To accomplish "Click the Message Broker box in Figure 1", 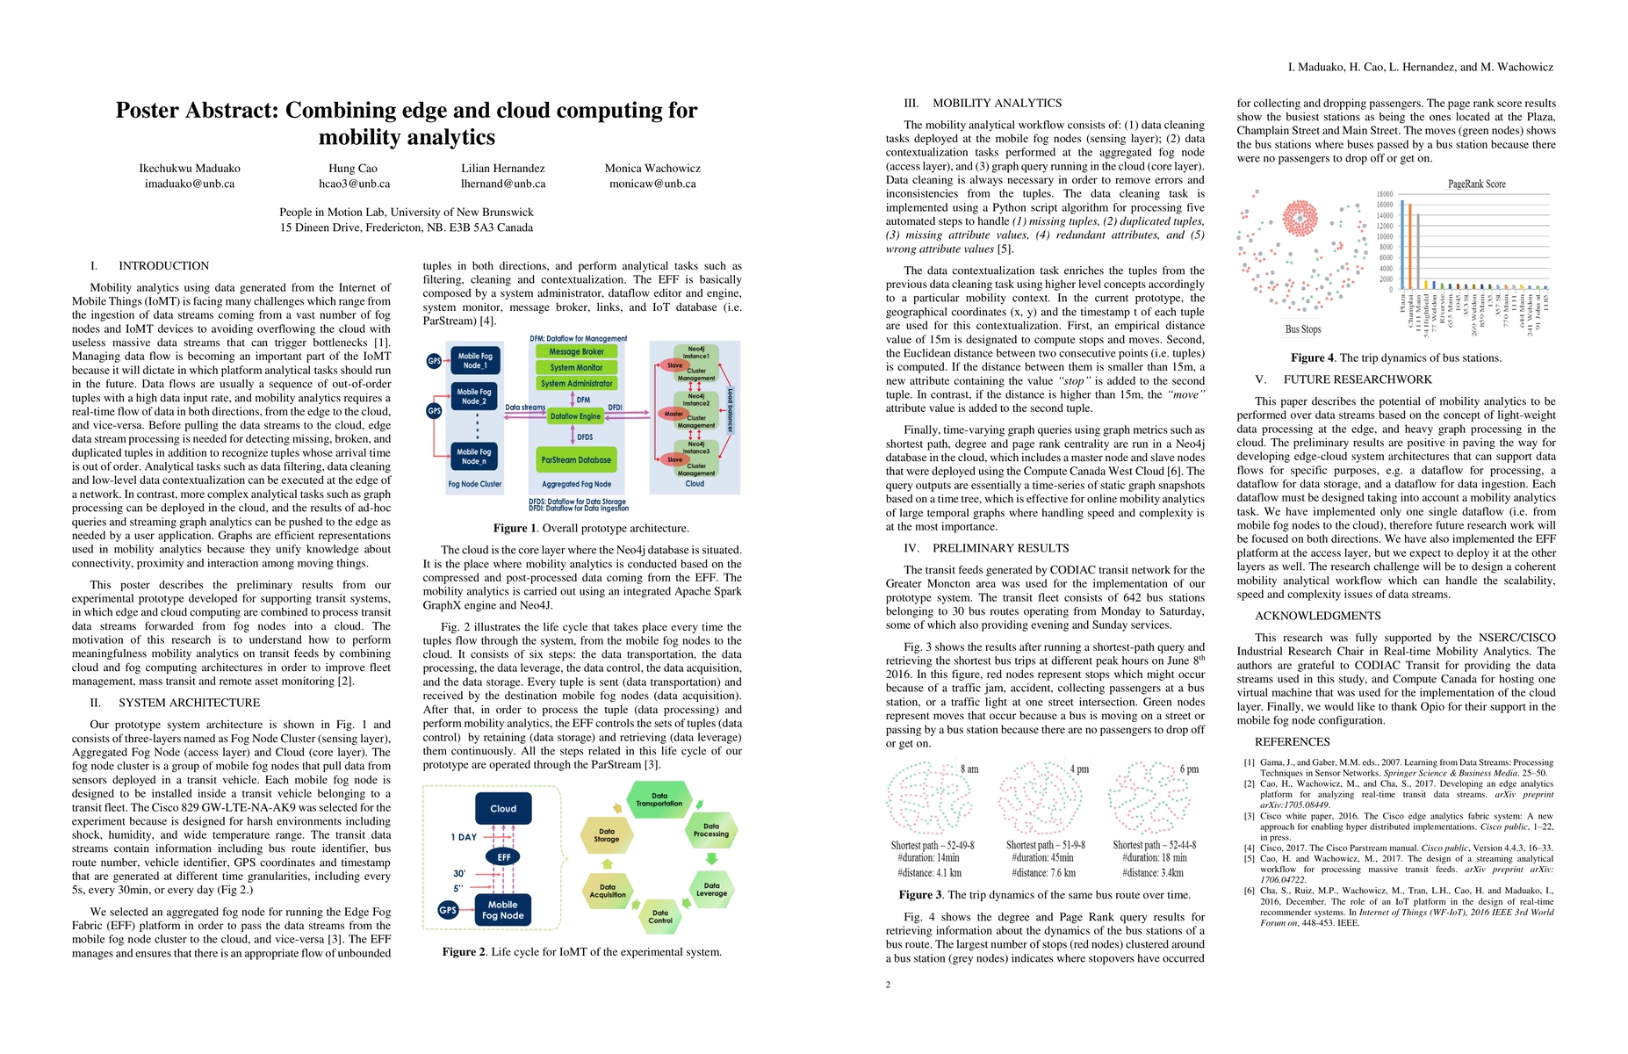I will [576, 351].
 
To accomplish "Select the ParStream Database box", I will [576, 459].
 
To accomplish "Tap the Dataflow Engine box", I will [575, 416].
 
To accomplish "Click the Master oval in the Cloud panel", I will [674, 414].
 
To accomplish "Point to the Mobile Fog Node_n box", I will [473, 457].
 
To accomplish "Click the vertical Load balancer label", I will [730, 410].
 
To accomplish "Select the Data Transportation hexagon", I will [659, 799].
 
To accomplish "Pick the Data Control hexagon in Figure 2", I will [660, 917].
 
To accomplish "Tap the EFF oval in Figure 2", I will [503, 857].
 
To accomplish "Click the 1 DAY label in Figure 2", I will [464, 837].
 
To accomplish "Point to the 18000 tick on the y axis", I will [1384, 194].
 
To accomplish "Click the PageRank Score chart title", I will [1476, 184].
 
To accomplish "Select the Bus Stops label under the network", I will [1303, 329].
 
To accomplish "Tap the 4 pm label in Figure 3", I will [1079, 769].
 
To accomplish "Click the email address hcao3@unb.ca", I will [354, 184].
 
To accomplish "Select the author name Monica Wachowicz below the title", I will [652, 169].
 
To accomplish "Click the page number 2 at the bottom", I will [888, 985].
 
